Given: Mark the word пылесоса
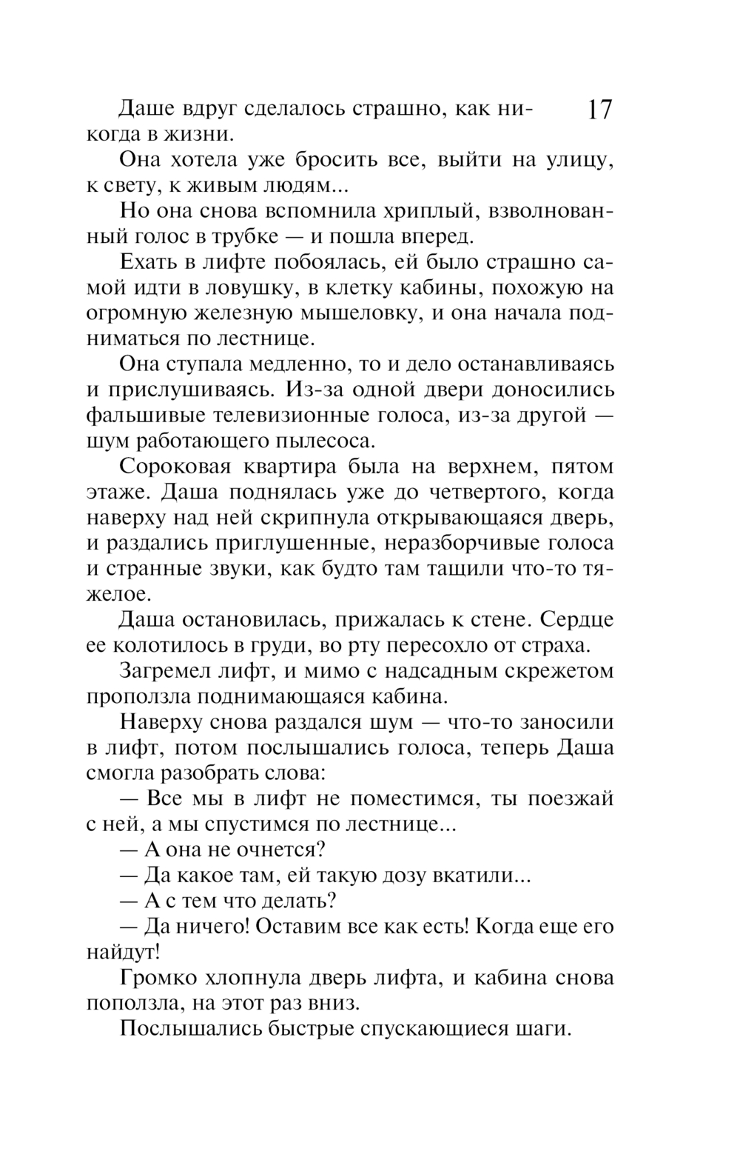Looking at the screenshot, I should coord(326,441).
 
